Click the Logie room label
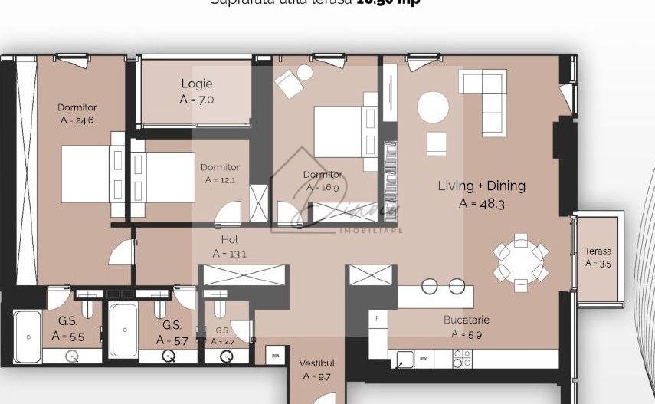tap(197, 84)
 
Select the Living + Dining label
tap(481, 186)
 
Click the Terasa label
tap(598, 251)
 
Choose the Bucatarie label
tap(466, 320)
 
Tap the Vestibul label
tap(316, 363)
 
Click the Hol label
tap(229, 240)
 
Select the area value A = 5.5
tap(67, 336)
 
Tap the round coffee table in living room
tap(433, 107)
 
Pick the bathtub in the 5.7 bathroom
tap(123, 330)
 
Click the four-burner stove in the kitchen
tap(462, 358)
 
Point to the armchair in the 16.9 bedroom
tap(290, 84)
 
